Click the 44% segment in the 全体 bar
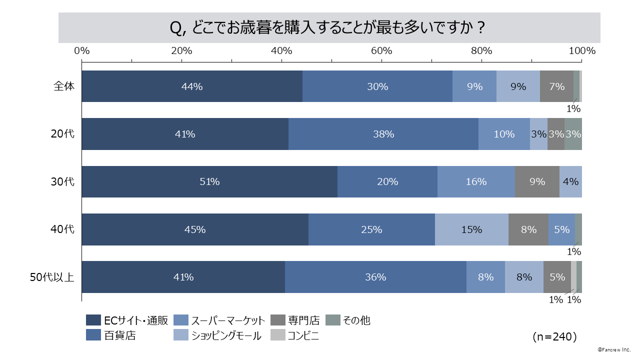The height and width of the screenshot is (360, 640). [x=192, y=86]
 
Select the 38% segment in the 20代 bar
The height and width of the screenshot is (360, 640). [x=383, y=134]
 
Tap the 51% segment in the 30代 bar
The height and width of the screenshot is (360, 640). [x=209, y=182]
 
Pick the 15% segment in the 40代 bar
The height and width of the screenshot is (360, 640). [x=471, y=229]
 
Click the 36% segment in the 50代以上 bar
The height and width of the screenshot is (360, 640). [x=375, y=277]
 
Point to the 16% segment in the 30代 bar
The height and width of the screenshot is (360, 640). [x=476, y=182]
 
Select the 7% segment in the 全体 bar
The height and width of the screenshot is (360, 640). [x=556, y=86]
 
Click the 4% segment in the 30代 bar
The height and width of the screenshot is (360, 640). [x=570, y=182]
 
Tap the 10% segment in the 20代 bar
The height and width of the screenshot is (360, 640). [x=504, y=134]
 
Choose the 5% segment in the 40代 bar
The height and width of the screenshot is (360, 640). [x=561, y=229]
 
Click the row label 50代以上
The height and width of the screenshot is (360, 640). [x=52, y=277]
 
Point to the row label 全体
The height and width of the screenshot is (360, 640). [x=64, y=86]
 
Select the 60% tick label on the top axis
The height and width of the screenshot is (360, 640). [x=381, y=50]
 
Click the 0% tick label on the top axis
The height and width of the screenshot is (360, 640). [x=81, y=50]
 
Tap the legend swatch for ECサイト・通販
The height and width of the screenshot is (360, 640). [x=93, y=320]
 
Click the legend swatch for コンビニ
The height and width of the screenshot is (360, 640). [x=277, y=335]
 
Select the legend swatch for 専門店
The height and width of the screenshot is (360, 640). [x=277, y=320]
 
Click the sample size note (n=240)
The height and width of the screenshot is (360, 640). [x=555, y=336]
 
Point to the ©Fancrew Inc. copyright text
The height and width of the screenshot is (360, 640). [x=614, y=349]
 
